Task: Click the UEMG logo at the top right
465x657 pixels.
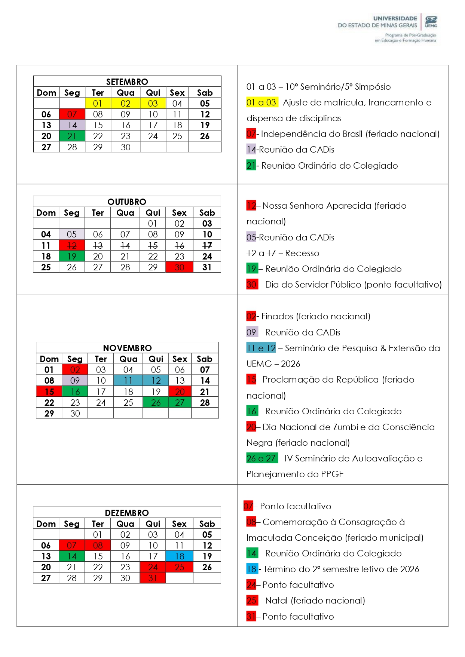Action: [x=431, y=22]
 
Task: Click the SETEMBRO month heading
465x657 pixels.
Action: [x=127, y=82]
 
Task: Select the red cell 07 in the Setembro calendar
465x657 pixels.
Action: [x=72, y=114]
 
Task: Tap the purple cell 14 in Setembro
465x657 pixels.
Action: [x=72, y=125]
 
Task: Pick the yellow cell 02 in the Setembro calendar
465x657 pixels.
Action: [x=125, y=104]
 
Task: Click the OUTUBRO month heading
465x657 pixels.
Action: [x=127, y=202]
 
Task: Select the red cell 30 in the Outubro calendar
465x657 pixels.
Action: [x=179, y=267]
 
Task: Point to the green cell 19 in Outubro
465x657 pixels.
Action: [x=71, y=257]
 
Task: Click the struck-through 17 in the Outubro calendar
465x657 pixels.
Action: [x=207, y=246]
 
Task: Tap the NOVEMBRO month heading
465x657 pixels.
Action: [x=127, y=348]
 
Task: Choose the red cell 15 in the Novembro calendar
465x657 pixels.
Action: [x=49, y=392]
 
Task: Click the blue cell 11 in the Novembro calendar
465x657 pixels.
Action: [x=128, y=381]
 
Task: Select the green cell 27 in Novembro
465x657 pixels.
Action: [x=180, y=403]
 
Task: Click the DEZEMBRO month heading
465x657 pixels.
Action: [x=127, y=513]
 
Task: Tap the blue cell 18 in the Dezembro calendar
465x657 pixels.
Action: [x=179, y=556]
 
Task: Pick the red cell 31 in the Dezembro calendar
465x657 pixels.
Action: [x=153, y=578]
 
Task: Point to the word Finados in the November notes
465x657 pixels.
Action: [x=277, y=316]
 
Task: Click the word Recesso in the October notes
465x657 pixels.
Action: [x=302, y=253]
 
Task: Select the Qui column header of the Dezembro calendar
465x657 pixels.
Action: [x=153, y=524]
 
